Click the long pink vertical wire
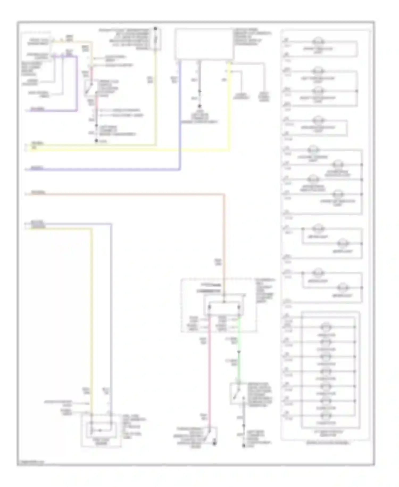click(x=209, y=373)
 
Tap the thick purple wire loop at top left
click(x=77, y=85)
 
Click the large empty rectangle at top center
click(x=204, y=44)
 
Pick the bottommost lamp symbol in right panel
click(x=326, y=415)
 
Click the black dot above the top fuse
click(x=156, y=29)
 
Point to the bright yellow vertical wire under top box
click(x=229, y=107)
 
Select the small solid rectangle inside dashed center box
click(x=224, y=309)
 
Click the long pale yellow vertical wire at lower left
click(x=92, y=320)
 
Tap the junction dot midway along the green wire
click(x=239, y=352)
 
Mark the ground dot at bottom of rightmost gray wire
click(x=243, y=446)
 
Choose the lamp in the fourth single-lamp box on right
click(x=318, y=120)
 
